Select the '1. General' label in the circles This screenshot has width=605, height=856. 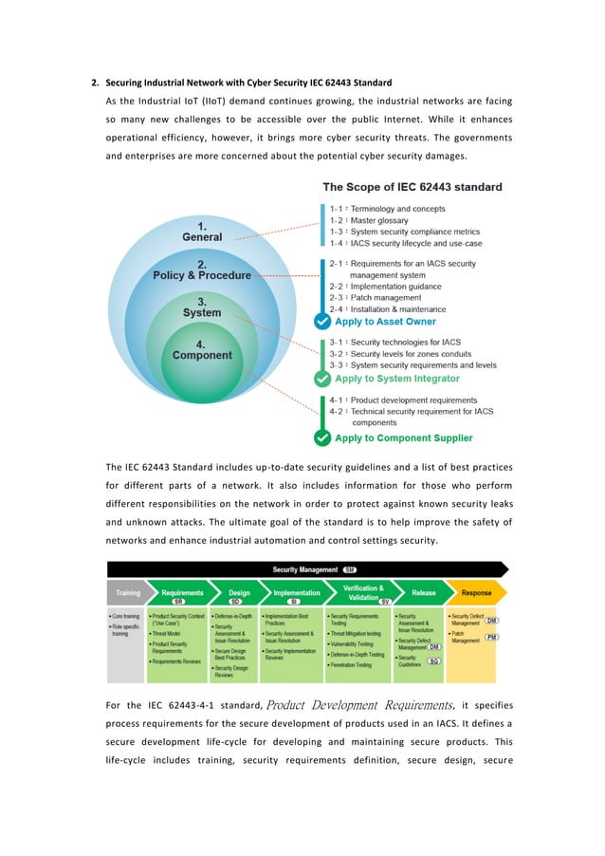(202, 231)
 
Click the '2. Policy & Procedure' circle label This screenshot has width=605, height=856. (202, 270)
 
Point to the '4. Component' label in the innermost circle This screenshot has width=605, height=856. (202, 349)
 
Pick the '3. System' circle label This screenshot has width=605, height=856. (202, 307)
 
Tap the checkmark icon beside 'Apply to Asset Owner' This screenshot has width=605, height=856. (323, 322)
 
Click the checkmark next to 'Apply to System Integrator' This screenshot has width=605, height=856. (323, 379)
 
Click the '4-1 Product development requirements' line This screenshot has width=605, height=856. (403, 400)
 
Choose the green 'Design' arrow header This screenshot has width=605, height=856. (239, 594)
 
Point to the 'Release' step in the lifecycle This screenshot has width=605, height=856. (423, 593)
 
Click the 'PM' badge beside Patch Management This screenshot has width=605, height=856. (490, 637)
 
